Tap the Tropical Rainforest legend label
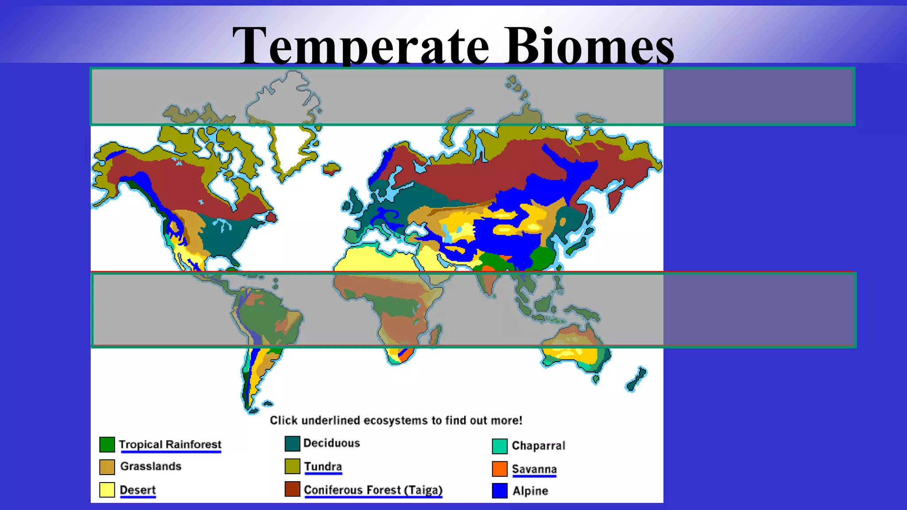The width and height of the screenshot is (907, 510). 170,444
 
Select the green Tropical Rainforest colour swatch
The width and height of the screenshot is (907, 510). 107,444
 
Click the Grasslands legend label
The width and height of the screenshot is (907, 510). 151,466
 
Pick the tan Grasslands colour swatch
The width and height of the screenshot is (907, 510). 107,467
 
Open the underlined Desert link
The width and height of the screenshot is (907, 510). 138,490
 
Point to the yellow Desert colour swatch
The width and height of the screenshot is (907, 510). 107,490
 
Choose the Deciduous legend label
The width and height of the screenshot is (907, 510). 332,443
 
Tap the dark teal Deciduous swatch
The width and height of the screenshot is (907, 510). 292,444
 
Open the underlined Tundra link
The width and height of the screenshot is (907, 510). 323,467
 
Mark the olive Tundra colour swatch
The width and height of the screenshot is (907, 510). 292,466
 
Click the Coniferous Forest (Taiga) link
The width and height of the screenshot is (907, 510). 373,490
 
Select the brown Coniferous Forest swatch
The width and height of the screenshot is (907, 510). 292,489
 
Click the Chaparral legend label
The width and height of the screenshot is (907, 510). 539,445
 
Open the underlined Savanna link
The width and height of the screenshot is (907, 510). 534,469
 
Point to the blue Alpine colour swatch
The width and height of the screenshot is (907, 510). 500,491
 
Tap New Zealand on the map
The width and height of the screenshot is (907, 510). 637,380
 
